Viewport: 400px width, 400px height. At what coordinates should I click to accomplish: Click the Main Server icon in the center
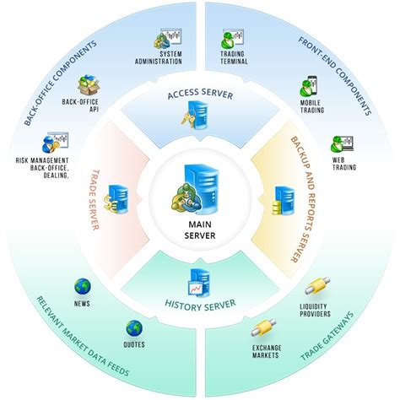click(x=199, y=187)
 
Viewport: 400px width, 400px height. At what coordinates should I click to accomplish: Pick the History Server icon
click(x=199, y=281)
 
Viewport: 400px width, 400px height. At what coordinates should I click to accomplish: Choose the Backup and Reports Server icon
click(x=282, y=200)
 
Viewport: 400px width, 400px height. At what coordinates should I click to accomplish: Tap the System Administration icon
click(x=171, y=39)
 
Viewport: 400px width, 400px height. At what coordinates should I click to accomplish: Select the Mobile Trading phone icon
click(x=308, y=88)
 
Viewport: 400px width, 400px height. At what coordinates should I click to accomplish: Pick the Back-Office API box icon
click(x=89, y=85)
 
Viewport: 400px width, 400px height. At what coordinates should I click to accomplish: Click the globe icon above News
click(x=82, y=286)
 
